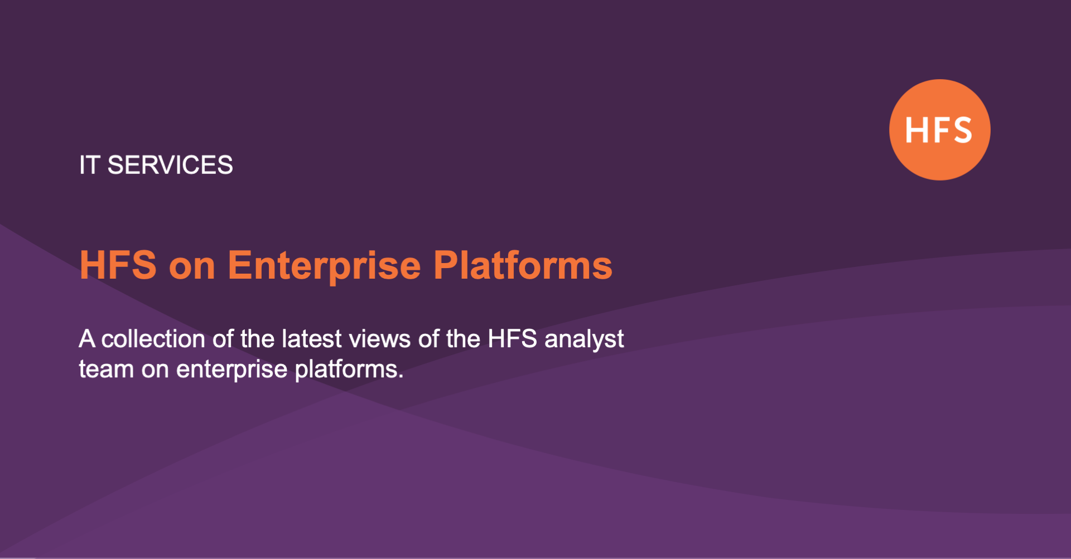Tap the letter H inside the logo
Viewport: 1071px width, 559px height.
916,130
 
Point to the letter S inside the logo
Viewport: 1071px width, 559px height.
961,130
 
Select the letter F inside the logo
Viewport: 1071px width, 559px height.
939,130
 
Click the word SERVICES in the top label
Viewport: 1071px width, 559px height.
170,166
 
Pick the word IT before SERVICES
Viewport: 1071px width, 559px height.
89,166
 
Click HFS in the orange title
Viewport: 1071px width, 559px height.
118,265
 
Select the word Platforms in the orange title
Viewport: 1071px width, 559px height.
523,265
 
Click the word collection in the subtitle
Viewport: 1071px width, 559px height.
153,339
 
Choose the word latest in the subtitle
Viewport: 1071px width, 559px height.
311,339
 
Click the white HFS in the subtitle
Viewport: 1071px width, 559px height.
512,339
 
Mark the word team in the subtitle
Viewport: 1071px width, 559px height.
106,370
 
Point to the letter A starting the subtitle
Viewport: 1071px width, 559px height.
86,339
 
